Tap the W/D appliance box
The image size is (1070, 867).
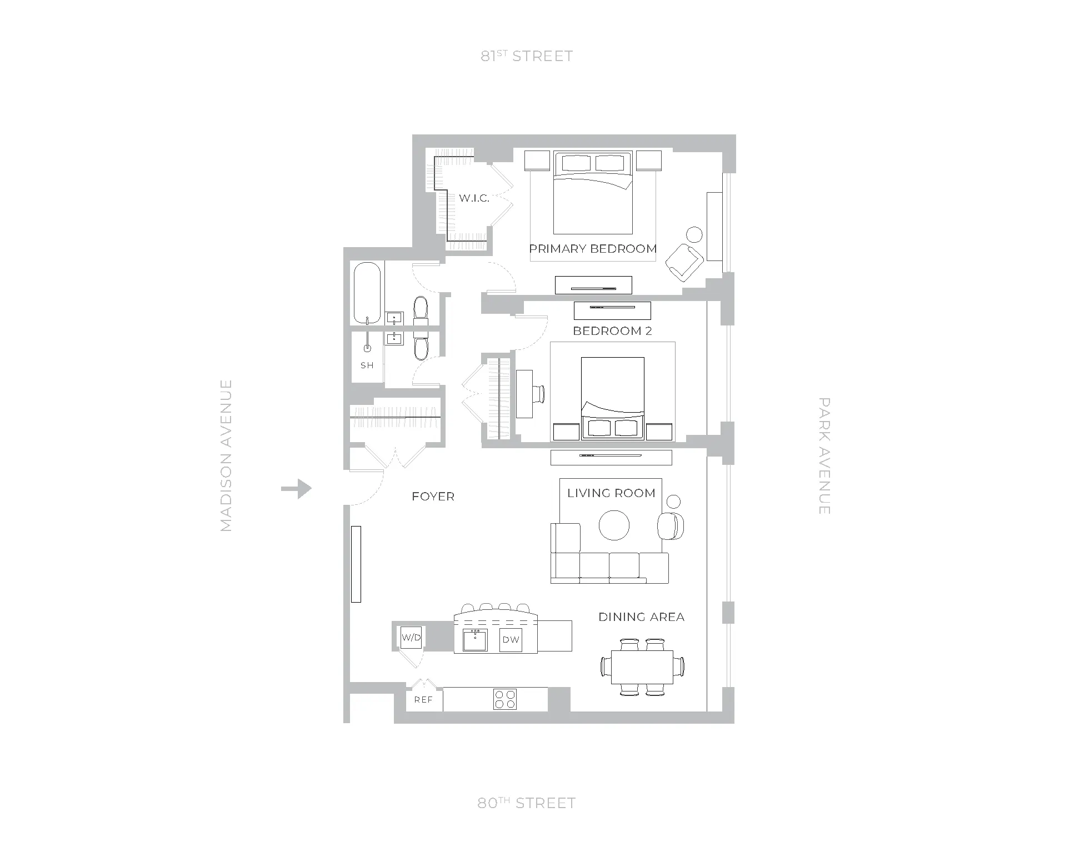411,638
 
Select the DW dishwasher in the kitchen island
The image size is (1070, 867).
511,640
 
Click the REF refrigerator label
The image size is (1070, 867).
423,700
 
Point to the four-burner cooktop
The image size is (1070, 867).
504,699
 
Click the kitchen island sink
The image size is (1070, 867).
475,640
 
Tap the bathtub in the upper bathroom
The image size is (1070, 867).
367,293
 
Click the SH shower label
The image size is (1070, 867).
367,365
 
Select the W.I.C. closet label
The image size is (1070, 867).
474,198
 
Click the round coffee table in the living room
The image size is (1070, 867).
614,525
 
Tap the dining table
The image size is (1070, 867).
642,667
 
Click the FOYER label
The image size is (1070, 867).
433,497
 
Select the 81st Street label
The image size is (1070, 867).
526,56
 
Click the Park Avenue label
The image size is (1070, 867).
824,455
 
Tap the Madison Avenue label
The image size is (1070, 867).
226,455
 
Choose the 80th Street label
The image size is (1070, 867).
526,803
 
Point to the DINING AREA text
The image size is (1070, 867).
641,617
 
